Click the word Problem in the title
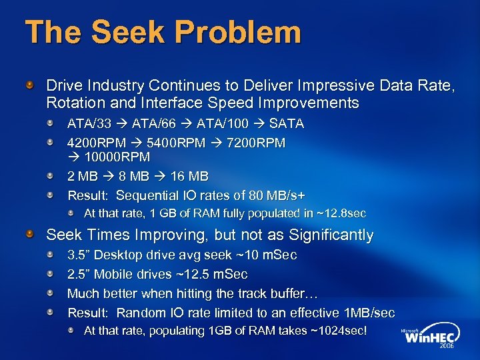(x=247, y=33)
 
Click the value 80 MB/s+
(x=277, y=195)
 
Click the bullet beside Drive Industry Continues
(x=30, y=85)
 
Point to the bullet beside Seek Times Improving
(x=30, y=235)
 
